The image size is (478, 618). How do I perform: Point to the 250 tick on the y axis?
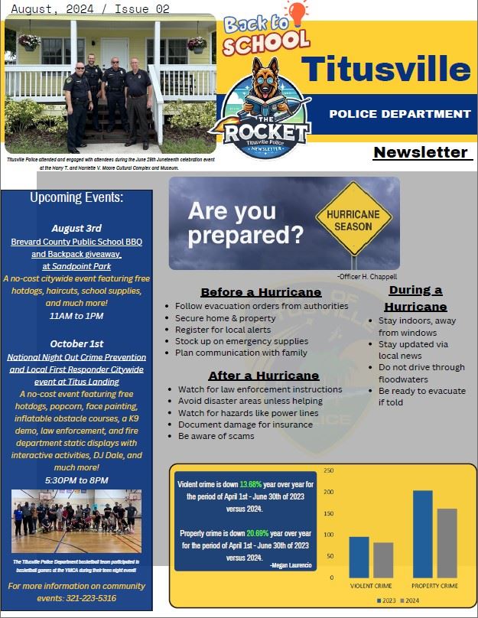click(329, 470)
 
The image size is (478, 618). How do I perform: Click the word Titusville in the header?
click(385, 68)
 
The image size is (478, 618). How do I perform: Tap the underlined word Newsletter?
click(421, 152)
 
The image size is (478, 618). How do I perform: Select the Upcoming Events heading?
click(76, 198)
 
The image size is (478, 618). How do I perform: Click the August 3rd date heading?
click(76, 228)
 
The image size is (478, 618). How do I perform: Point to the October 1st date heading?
click(76, 343)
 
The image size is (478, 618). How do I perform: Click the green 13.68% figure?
click(251, 484)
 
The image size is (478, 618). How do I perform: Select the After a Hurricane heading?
click(263, 376)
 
